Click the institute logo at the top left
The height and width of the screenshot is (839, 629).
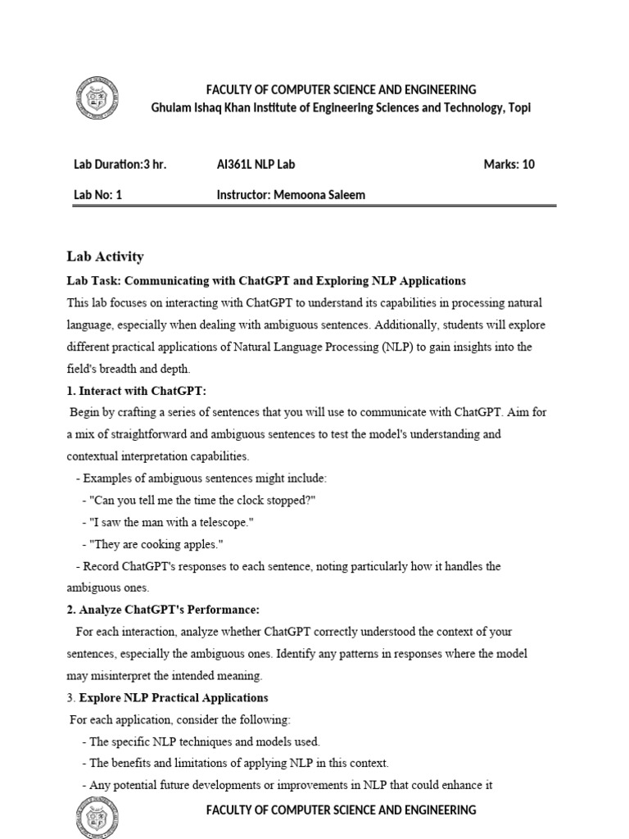[x=97, y=98]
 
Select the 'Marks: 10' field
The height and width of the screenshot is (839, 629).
[x=509, y=164]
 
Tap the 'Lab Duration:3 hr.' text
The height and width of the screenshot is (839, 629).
[x=120, y=164]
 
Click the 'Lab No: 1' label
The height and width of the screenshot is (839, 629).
[x=97, y=195]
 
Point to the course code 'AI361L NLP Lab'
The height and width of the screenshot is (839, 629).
[x=256, y=164]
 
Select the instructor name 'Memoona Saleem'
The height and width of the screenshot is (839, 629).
[x=319, y=195]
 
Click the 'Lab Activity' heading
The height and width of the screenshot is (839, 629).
[x=105, y=256]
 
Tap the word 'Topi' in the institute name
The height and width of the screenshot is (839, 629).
[x=518, y=108]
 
